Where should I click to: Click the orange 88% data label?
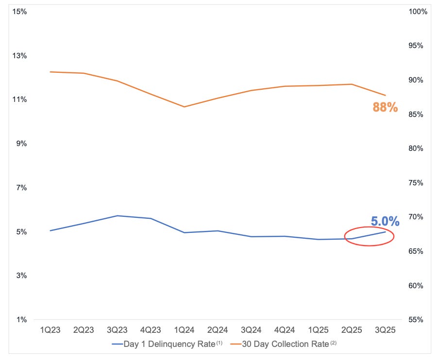click(385, 108)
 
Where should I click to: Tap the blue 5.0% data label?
click(385, 222)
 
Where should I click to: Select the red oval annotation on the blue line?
click(369, 236)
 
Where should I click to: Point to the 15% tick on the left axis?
click(20, 11)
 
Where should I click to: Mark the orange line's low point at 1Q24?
click(184, 107)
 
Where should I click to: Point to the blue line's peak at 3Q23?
click(117, 215)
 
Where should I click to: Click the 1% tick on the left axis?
click(21, 320)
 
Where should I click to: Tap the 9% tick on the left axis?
click(21, 144)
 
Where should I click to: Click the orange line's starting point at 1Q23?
click(50, 72)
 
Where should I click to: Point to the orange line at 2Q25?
click(352, 84)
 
